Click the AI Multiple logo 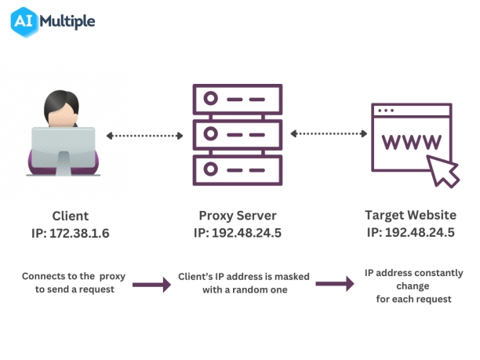tap(53, 20)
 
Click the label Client tap(71, 216)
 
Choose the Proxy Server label tap(238, 216)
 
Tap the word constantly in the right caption tap(436, 273)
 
